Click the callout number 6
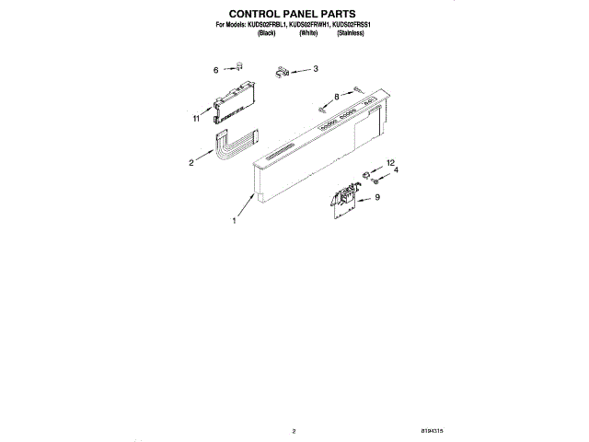pyautogui.click(x=216, y=69)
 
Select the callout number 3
pyautogui.click(x=316, y=68)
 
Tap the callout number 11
pyautogui.click(x=197, y=119)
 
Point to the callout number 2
pyautogui.click(x=191, y=163)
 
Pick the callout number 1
pyautogui.click(x=234, y=221)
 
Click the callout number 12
pyautogui.click(x=389, y=162)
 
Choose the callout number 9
pyautogui.click(x=376, y=197)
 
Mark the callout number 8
pyautogui.click(x=337, y=96)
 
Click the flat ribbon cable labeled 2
pyautogui.click(x=234, y=147)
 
